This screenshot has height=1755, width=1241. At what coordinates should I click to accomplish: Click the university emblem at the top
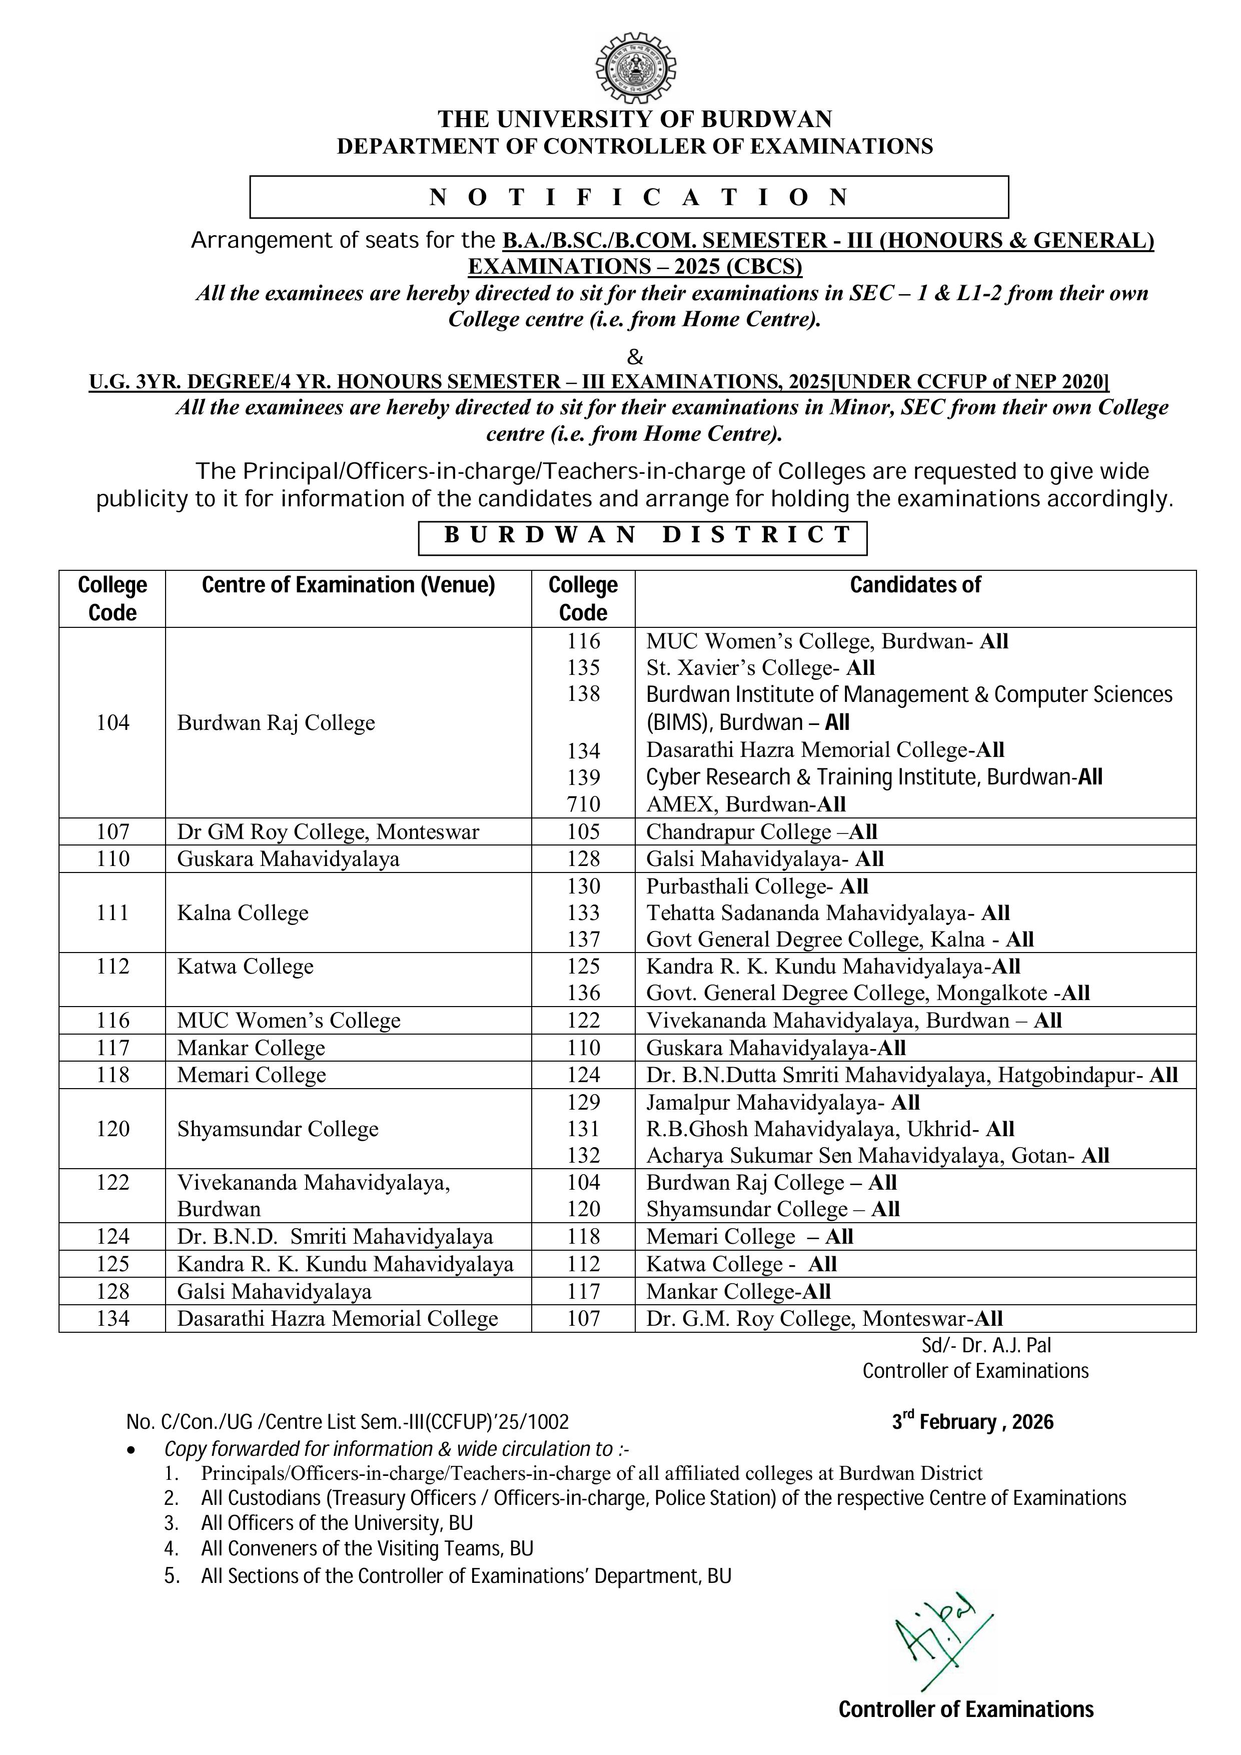tap(635, 69)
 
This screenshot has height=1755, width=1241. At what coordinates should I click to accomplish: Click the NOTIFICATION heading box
tap(629, 197)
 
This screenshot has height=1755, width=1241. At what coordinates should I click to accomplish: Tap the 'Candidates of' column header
tap(915, 585)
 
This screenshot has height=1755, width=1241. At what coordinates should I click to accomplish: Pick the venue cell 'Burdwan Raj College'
tap(276, 722)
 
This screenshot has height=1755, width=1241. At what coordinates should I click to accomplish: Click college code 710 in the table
tap(583, 804)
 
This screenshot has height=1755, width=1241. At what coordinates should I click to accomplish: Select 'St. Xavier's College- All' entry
tap(760, 667)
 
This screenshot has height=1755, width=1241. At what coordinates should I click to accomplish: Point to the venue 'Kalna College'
tap(242, 913)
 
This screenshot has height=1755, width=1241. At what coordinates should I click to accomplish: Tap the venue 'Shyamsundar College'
tap(278, 1129)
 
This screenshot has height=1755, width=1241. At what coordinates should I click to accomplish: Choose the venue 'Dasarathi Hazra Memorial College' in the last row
tap(337, 1319)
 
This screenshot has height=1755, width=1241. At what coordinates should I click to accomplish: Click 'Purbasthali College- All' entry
tap(756, 886)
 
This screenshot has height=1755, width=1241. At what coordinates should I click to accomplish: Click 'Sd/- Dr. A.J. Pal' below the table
tap(986, 1345)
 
